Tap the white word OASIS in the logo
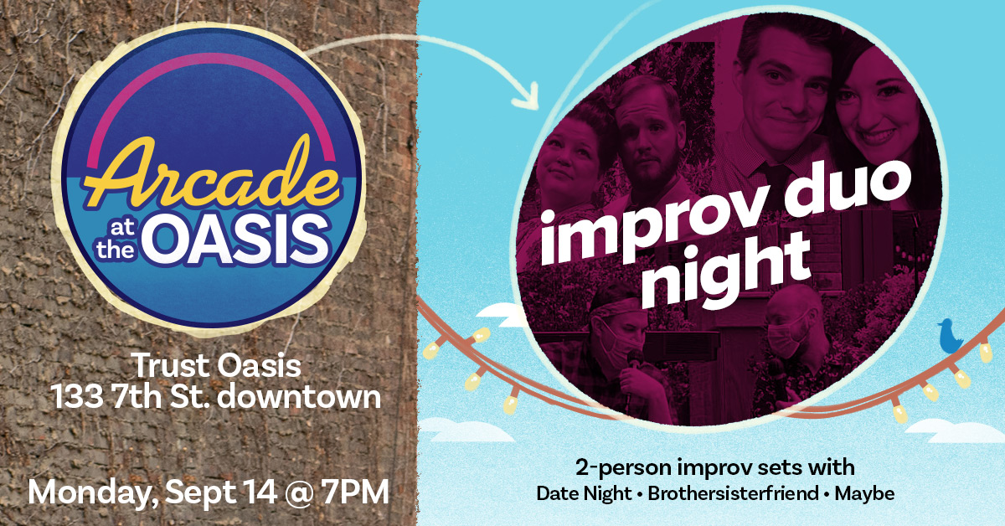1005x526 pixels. coord(238,240)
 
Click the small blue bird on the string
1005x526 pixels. coord(950,336)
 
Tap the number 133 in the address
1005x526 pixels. coord(77,397)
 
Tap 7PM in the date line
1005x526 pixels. coord(354,492)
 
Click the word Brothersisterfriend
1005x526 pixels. coord(733,493)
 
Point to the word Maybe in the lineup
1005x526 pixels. coord(864,494)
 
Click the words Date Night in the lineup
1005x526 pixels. coord(584,494)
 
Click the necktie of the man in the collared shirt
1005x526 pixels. coord(770,178)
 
